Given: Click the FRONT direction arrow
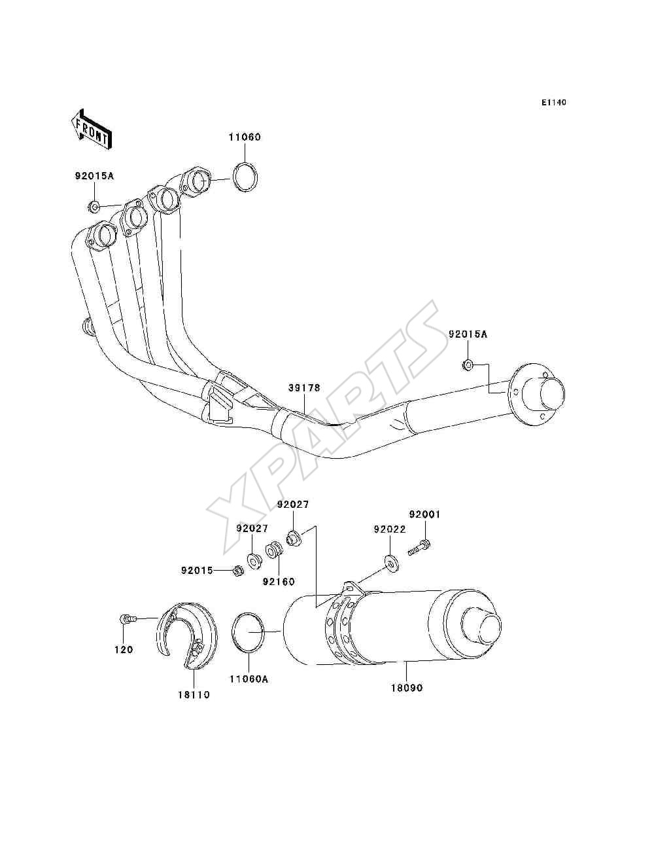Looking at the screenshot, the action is point(92,130).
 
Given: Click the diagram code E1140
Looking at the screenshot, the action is point(553,103).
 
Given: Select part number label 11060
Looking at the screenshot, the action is point(245,137).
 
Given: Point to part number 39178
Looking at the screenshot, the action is point(304,387).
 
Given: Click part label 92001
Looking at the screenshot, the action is point(424,514).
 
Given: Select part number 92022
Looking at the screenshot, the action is point(390,529).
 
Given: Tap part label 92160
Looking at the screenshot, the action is point(279,592).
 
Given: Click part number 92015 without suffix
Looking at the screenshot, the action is point(197,571).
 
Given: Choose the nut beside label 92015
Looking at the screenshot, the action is point(237,571).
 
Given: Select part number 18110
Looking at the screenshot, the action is point(194,694).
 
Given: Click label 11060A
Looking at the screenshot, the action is point(249,679).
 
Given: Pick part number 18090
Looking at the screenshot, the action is point(407,688).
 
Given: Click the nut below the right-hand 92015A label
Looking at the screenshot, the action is point(468,365).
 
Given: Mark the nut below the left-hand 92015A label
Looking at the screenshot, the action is point(94,207).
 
